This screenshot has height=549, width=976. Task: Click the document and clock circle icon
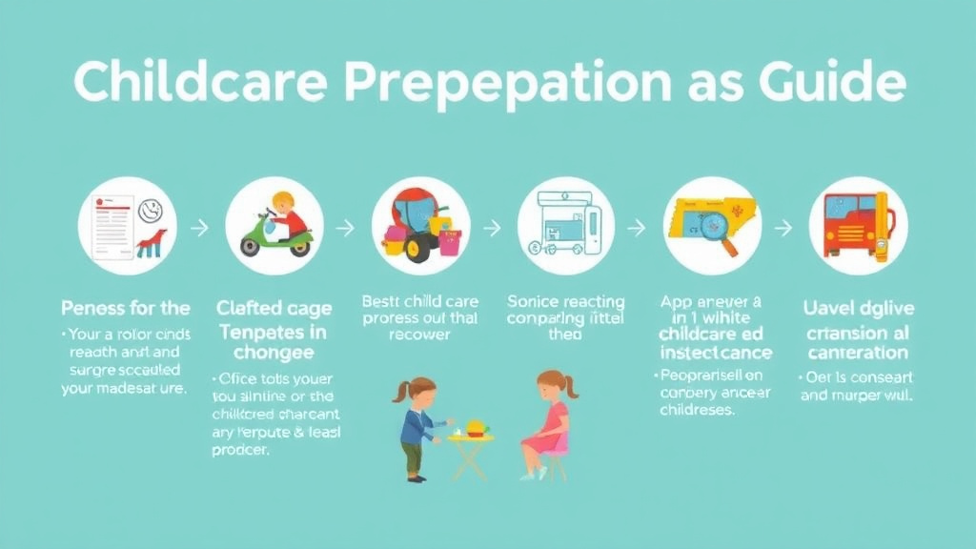pos(127,226)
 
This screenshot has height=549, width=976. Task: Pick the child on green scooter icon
pos(274,226)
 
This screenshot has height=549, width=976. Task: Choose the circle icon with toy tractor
pos(420,226)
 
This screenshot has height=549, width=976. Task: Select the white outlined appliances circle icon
pos(566,226)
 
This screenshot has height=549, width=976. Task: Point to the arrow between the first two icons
pos(200,229)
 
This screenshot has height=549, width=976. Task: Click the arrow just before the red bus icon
pos(784,229)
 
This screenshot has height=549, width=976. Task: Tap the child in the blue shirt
pos(416,424)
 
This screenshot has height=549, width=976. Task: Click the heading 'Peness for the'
pos(125,308)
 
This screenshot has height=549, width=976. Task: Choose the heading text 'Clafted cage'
pos(274,308)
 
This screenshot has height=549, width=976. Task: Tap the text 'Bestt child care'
pos(419,302)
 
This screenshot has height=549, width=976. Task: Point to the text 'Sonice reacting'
pos(566,302)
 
